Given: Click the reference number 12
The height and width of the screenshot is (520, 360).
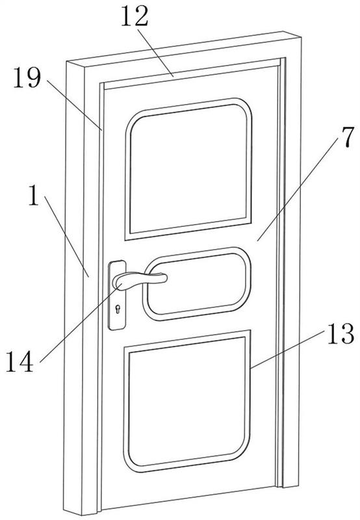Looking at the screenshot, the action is (x=135, y=17).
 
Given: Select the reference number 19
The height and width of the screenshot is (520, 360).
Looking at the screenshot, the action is (x=27, y=77).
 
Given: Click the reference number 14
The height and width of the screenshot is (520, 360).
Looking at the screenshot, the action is (x=20, y=361).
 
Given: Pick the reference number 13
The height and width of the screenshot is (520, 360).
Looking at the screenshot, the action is (x=341, y=333).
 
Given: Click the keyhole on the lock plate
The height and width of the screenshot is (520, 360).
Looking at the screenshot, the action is (x=118, y=309).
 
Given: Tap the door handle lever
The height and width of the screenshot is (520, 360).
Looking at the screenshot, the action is (x=139, y=280).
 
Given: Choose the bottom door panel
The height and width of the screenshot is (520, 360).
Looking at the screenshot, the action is (x=186, y=401).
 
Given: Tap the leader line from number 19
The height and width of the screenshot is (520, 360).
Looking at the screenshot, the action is (x=74, y=105).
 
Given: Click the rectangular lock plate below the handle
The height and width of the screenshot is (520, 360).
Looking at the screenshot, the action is (x=117, y=295).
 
